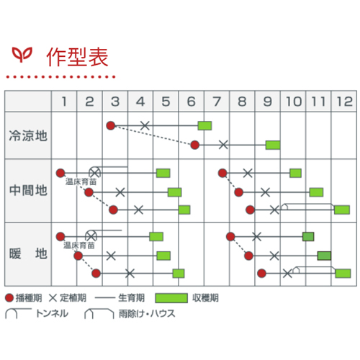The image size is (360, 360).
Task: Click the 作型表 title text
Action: [77, 57]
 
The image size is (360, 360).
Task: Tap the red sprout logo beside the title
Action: [22, 54]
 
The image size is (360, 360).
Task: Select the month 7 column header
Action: [217, 102]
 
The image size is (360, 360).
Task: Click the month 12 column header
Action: [345, 102]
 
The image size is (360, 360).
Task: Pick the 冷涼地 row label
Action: [28, 135]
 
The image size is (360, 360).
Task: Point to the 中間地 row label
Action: [28, 190]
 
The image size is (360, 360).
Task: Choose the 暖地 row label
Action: [28, 253]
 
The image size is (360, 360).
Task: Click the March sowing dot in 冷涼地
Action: [111, 125]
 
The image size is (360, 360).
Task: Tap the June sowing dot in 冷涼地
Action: [195, 145]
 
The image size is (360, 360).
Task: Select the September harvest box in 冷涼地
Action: [273, 145]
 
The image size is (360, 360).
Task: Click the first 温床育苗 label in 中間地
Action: [81, 181]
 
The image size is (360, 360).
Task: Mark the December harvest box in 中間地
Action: [342, 210]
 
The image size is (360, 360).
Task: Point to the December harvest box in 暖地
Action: [343, 274]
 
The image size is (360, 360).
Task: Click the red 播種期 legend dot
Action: [9, 298]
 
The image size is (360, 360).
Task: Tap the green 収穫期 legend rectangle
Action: [171, 298]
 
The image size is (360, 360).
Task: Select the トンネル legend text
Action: [52, 313]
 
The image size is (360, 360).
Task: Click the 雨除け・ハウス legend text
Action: [147, 313]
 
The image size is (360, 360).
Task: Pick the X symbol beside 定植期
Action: [53, 298]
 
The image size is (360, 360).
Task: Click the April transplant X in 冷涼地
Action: [145, 125]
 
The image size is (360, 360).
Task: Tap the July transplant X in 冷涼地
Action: [223, 145]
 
